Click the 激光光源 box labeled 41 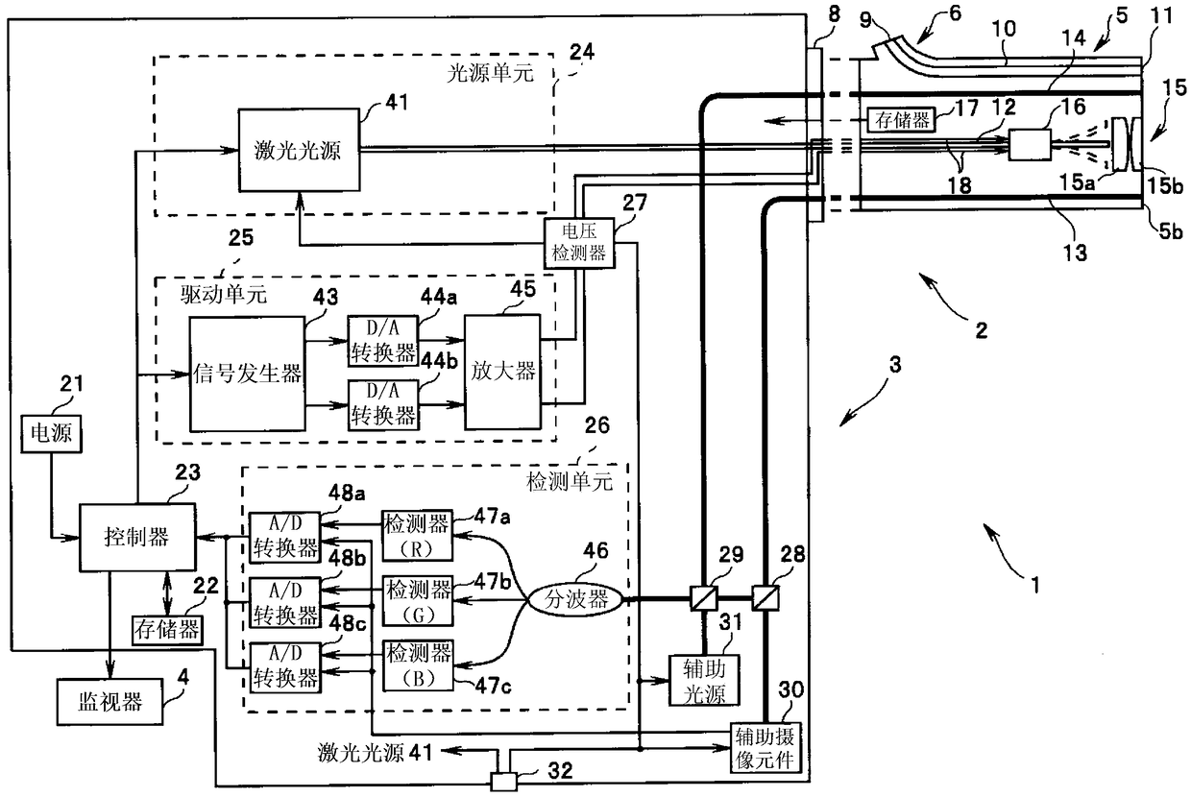pos(299,150)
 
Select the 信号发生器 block pos(247,374)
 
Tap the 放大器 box pos(502,373)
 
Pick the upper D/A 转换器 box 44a pos(383,341)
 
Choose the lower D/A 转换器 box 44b pos(383,404)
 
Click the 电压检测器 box pos(579,242)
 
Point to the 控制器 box pos(137,537)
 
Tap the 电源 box pos(51,434)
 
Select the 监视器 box pos(110,702)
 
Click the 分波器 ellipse pos(576,600)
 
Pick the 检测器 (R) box pos(418,536)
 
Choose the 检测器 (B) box pos(419,665)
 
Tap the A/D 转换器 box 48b pos(285,602)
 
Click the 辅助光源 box pos(704,681)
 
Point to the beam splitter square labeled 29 pos(704,598)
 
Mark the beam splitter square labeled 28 pos(766,598)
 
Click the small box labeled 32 pos(503,782)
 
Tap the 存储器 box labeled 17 pos(902,120)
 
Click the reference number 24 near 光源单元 pos(582,52)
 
